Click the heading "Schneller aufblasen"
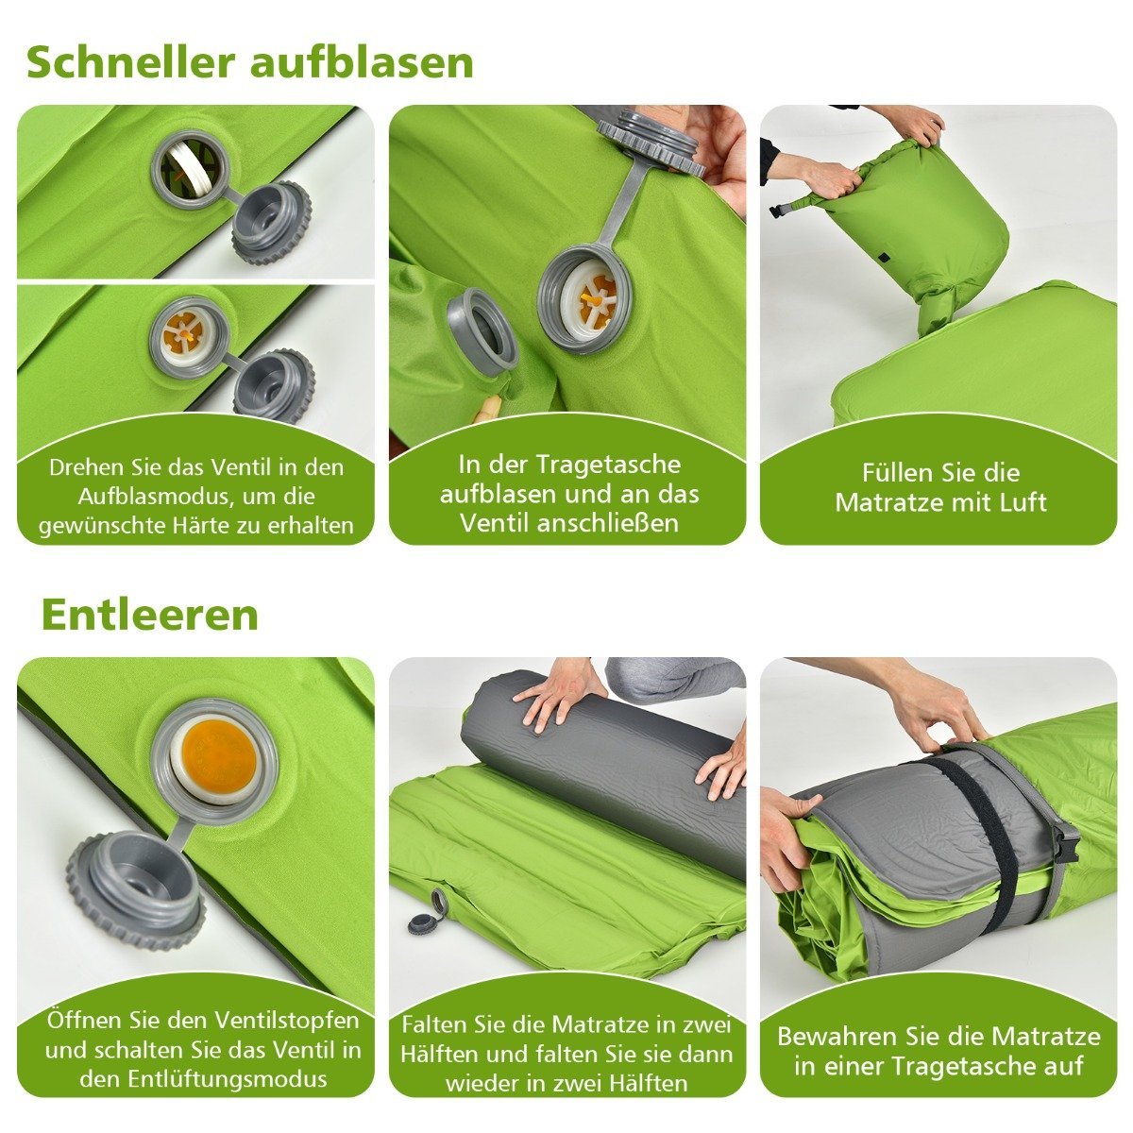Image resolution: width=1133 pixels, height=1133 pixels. [250, 63]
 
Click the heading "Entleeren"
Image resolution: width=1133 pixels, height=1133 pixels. [150, 615]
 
